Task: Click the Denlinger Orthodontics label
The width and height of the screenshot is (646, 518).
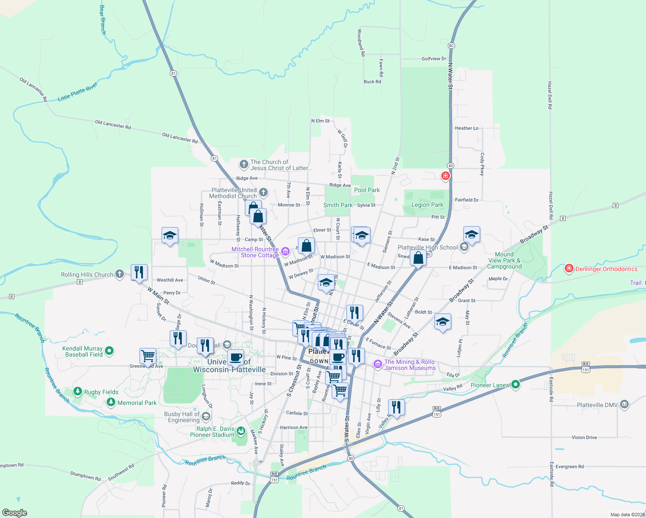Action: tap(606, 269)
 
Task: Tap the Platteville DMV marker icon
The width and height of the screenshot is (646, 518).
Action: tap(624, 404)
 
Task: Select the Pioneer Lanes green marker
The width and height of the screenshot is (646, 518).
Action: tap(515, 385)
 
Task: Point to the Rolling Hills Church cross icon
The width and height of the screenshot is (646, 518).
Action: tap(120, 274)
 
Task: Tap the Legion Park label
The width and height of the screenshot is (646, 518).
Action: tap(427, 205)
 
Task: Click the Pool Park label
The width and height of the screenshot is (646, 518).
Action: tap(367, 190)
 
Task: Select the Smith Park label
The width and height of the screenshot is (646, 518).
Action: tap(338, 205)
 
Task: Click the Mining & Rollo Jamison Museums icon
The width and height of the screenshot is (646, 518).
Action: tap(378, 365)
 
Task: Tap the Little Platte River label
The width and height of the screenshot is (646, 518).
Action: tap(78, 92)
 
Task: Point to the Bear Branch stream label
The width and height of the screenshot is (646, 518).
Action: tap(103, 20)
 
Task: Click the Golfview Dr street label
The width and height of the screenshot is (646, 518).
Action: tap(434, 59)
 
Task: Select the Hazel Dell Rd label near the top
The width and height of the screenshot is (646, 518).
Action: tap(550, 95)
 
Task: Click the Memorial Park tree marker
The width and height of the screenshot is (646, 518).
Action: tap(111, 402)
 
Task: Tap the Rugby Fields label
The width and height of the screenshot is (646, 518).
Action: tap(101, 392)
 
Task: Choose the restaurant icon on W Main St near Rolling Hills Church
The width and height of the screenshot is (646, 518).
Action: tap(139, 272)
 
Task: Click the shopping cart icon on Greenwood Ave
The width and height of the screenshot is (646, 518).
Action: tap(148, 356)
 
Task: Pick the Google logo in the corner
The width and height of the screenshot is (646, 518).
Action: tap(15, 513)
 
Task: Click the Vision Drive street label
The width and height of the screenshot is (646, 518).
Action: tap(584, 437)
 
